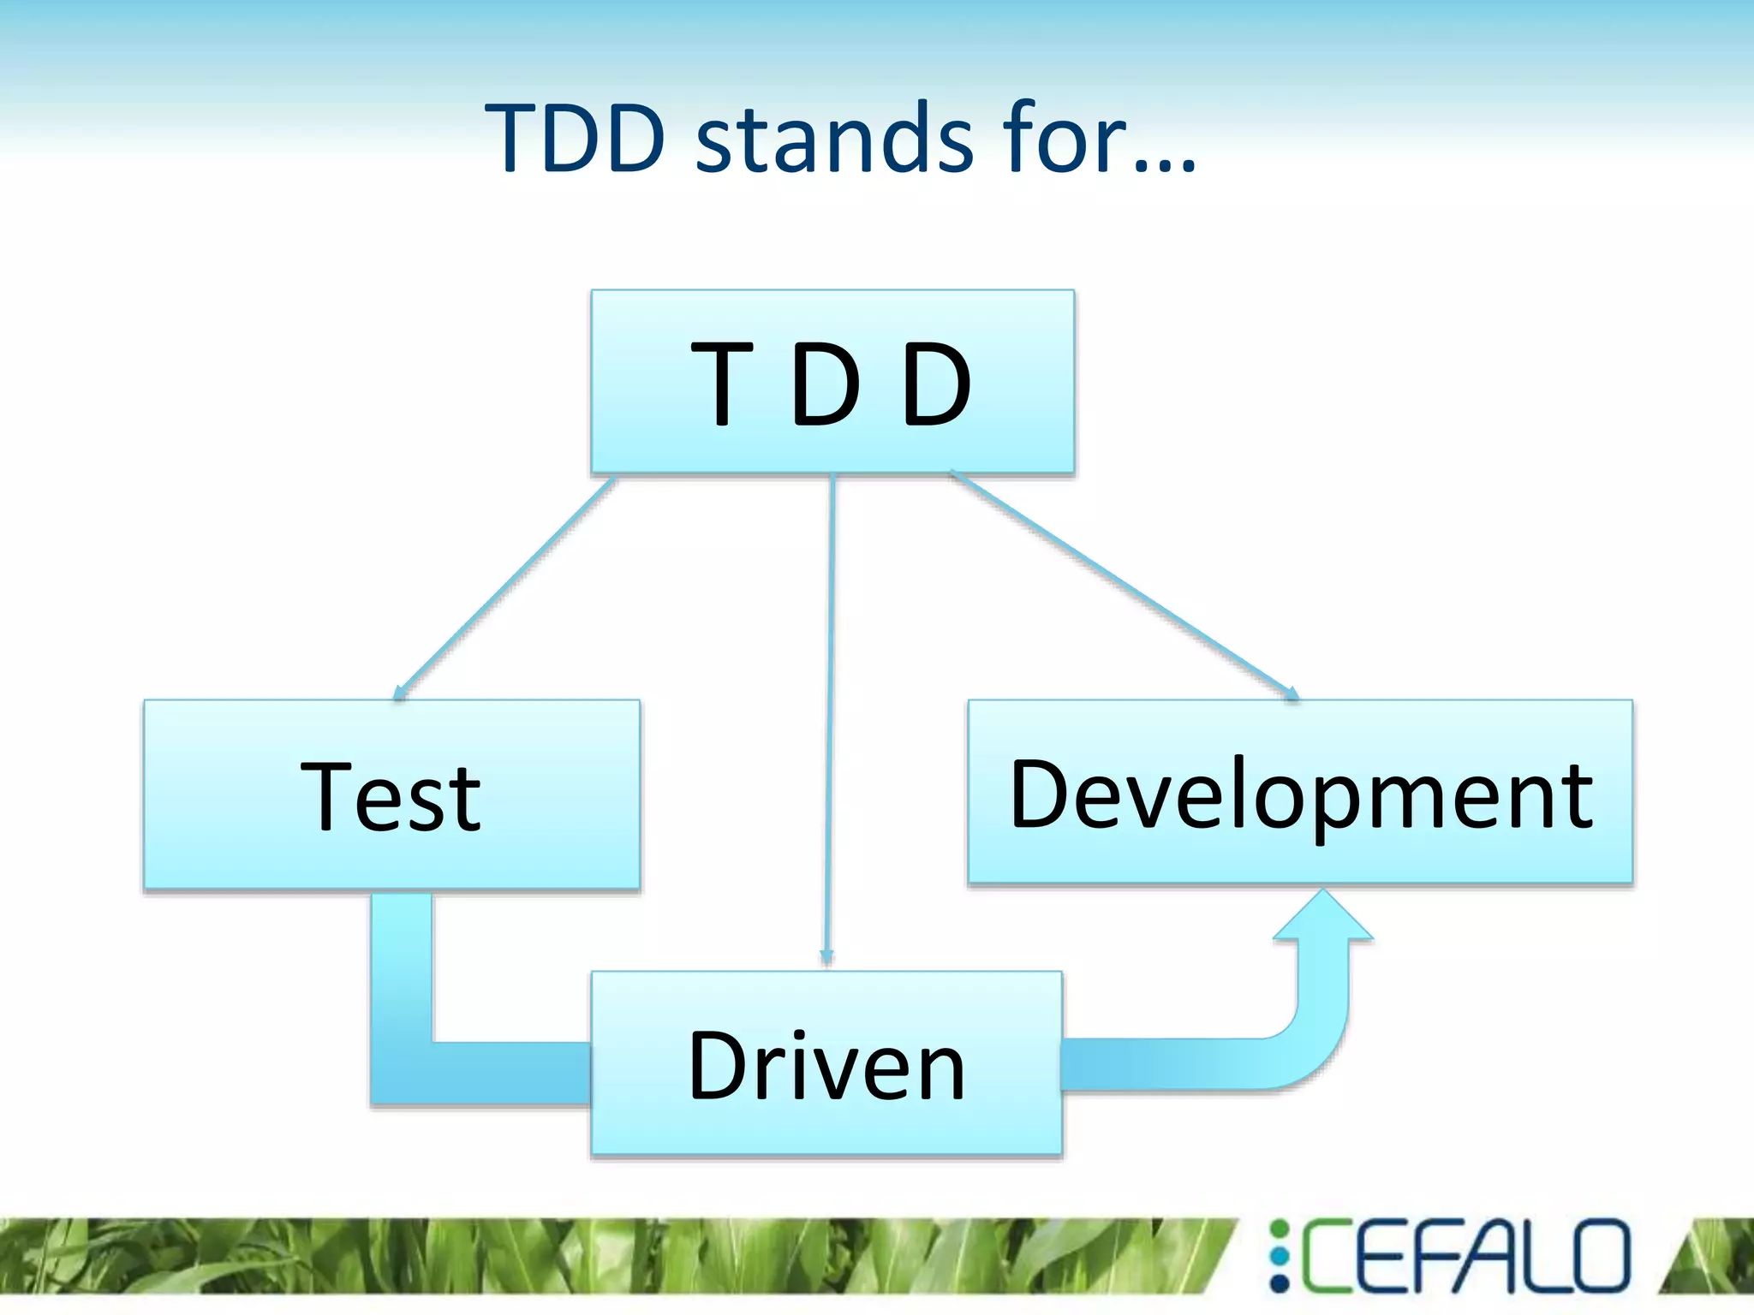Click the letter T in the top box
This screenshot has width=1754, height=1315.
click(722, 383)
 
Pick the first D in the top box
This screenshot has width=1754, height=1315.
click(826, 383)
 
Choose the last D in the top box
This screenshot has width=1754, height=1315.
click(937, 383)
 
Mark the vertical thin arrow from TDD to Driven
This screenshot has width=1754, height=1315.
click(830, 719)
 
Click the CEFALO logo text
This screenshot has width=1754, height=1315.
click(1465, 1256)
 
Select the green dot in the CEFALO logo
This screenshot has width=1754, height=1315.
click(1280, 1229)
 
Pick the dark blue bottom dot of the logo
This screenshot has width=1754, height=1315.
click(1280, 1282)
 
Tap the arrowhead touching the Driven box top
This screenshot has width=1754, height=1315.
click(826, 959)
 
